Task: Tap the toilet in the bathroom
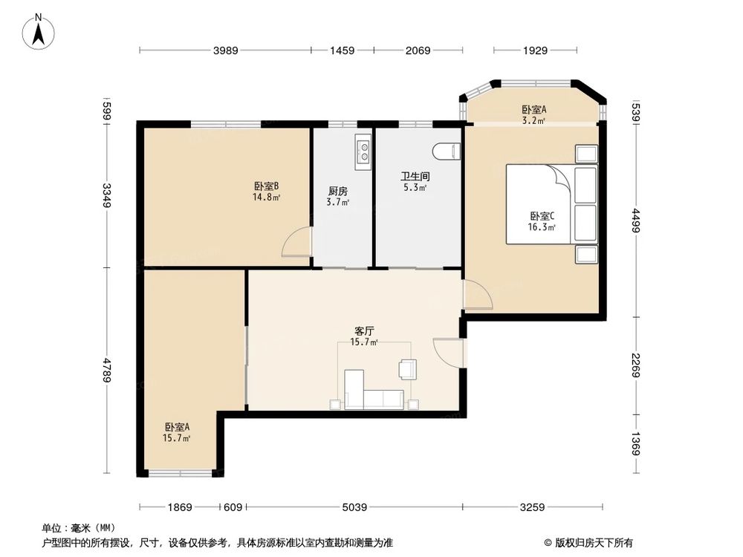click(x=447, y=151)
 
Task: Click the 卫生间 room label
click(x=415, y=177)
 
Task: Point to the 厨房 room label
click(x=338, y=190)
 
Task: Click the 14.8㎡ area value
click(x=266, y=198)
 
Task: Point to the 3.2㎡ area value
click(x=533, y=120)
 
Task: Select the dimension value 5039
click(x=354, y=507)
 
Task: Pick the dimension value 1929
click(x=535, y=51)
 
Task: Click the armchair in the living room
click(x=408, y=368)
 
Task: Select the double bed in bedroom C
click(x=550, y=204)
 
